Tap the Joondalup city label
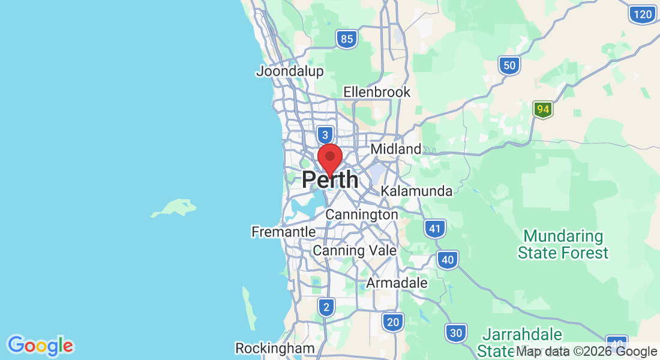pyautogui.click(x=290, y=71)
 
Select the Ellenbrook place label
pyautogui.click(x=377, y=92)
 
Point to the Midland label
pyautogui.click(x=396, y=149)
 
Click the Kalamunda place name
pyautogui.click(x=416, y=191)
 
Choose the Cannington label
pyautogui.click(x=361, y=214)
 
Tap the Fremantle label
pyautogui.click(x=283, y=232)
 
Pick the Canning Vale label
pyautogui.click(x=355, y=250)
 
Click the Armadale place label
pyautogui.click(x=397, y=283)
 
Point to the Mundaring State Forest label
pyautogui.click(x=563, y=244)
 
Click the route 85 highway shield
pyautogui.click(x=346, y=40)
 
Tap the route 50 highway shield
pyautogui.click(x=509, y=65)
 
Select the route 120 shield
pyautogui.click(x=641, y=14)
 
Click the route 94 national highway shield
pyautogui.click(x=543, y=110)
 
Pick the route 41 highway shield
pyautogui.click(x=434, y=229)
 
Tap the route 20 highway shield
pyautogui.click(x=392, y=322)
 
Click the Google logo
pyautogui.click(x=40, y=346)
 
